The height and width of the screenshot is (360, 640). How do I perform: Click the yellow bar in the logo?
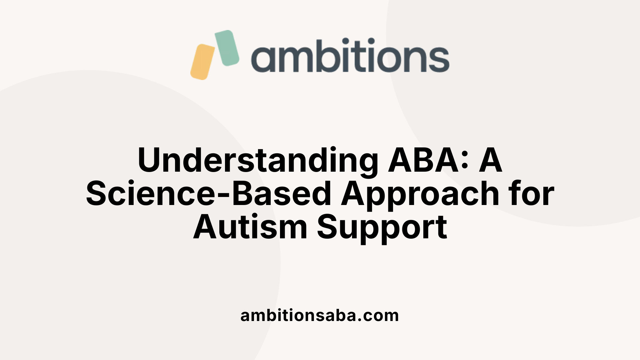[202, 62]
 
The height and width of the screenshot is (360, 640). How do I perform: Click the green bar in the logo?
[227, 48]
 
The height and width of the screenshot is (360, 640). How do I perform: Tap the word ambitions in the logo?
[350, 56]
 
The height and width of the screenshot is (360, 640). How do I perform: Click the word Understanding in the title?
[258, 161]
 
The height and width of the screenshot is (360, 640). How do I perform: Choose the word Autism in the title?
[250, 227]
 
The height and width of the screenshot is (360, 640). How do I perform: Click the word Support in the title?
[382, 228]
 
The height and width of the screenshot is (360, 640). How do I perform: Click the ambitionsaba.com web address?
[320, 315]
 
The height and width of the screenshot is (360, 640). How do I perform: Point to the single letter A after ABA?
[490, 161]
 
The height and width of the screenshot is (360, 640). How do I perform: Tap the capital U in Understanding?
[149, 161]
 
